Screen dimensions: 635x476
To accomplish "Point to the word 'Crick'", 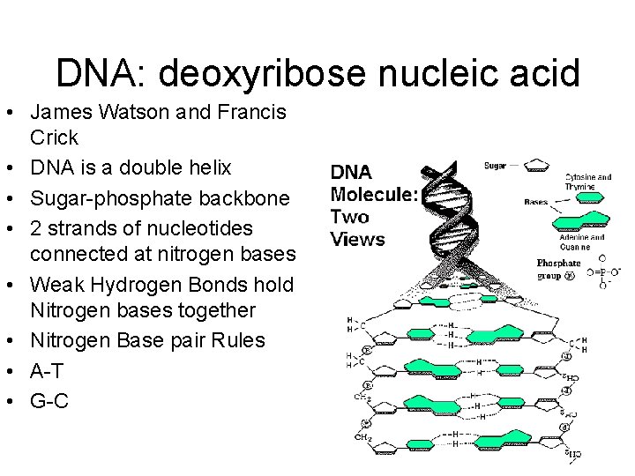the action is coord(54,138).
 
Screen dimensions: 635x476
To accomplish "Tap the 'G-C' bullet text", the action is coord(49,400).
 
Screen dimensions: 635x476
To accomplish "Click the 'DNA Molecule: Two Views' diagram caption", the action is coord(373,205).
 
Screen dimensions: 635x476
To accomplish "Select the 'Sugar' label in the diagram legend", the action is coord(495,165).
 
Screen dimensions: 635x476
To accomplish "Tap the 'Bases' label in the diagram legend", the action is coord(536,202).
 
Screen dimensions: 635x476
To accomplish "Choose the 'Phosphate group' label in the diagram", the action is coord(558,268).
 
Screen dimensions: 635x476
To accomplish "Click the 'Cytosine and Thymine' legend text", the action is coord(588,182).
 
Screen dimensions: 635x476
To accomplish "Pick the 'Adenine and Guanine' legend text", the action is coord(581,242).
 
